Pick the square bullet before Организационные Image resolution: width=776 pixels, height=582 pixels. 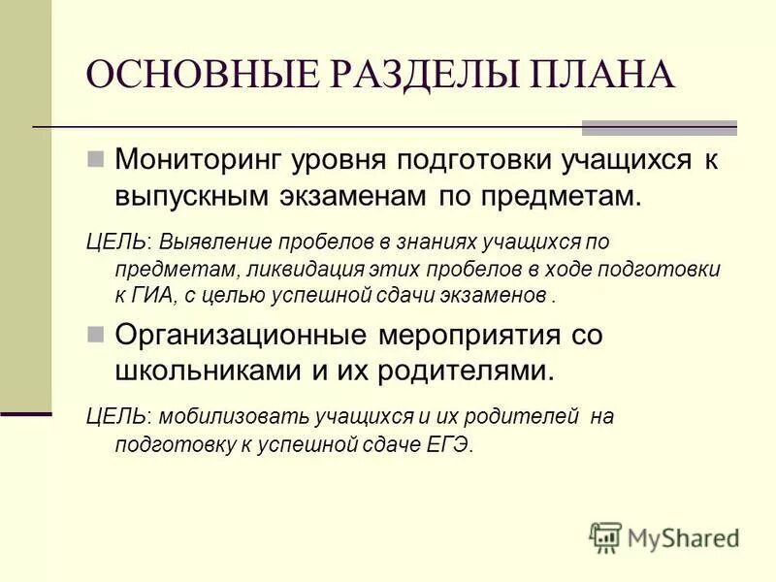click(x=95, y=335)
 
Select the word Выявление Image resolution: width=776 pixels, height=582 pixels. click(x=212, y=241)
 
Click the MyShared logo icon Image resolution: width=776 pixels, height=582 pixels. click(x=606, y=536)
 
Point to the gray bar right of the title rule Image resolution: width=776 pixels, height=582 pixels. click(x=659, y=127)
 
